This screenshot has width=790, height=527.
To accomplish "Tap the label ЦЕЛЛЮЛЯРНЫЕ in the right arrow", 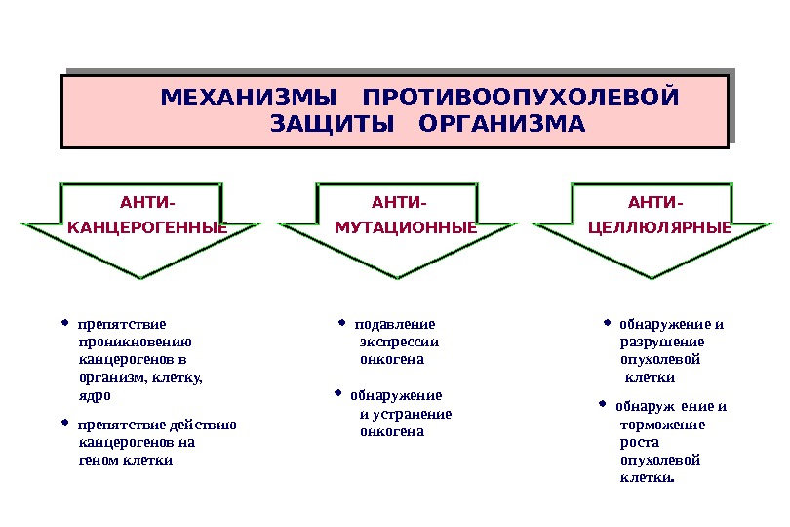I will click(660, 228).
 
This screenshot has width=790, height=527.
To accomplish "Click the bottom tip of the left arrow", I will click(142, 278).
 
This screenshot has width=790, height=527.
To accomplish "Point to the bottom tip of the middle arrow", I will click(399, 278).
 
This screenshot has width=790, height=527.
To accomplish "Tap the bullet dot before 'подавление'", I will click(342, 320).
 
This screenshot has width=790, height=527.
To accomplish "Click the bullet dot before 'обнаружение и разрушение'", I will click(606, 320).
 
